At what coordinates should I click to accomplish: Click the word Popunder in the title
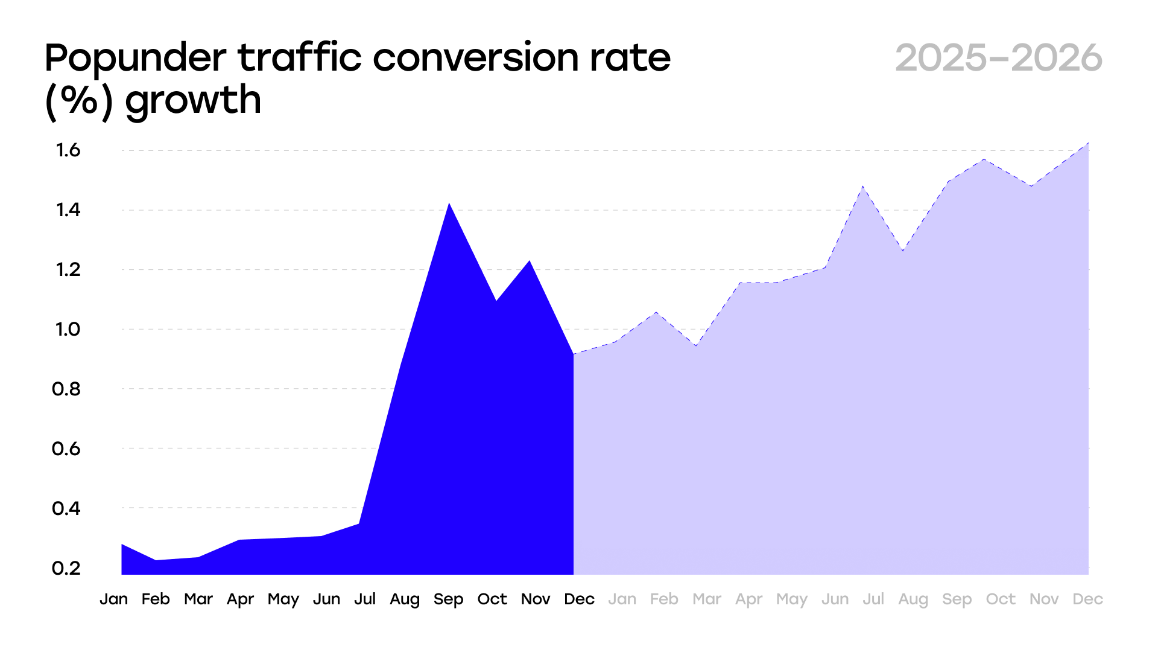[x=135, y=59]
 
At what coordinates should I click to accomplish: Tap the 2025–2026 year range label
[x=999, y=59]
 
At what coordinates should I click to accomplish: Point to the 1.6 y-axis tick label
[x=68, y=150]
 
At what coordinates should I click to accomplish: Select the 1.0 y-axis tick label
[x=68, y=330]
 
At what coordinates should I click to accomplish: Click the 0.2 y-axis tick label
[x=66, y=568]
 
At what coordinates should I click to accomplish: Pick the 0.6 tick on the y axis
[x=66, y=449]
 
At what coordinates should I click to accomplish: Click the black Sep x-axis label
[x=448, y=599]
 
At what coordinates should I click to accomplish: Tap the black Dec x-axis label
[x=579, y=599]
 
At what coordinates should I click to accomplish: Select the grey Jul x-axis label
[x=873, y=599]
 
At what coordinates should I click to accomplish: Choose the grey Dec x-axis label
[x=1087, y=599]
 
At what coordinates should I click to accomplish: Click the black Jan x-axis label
[x=113, y=599]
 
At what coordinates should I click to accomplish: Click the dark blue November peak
[x=530, y=261]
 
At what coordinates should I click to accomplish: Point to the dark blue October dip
[x=496, y=300]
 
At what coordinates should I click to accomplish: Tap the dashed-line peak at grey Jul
[x=863, y=187]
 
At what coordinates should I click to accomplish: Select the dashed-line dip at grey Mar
[x=696, y=346]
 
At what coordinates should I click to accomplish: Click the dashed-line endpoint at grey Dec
[x=1088, y=143]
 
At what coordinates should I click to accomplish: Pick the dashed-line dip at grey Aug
[x=903, y=251]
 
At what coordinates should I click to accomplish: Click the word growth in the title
[x=193, y=101]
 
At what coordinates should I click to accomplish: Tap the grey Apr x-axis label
[x=748, y=599]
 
